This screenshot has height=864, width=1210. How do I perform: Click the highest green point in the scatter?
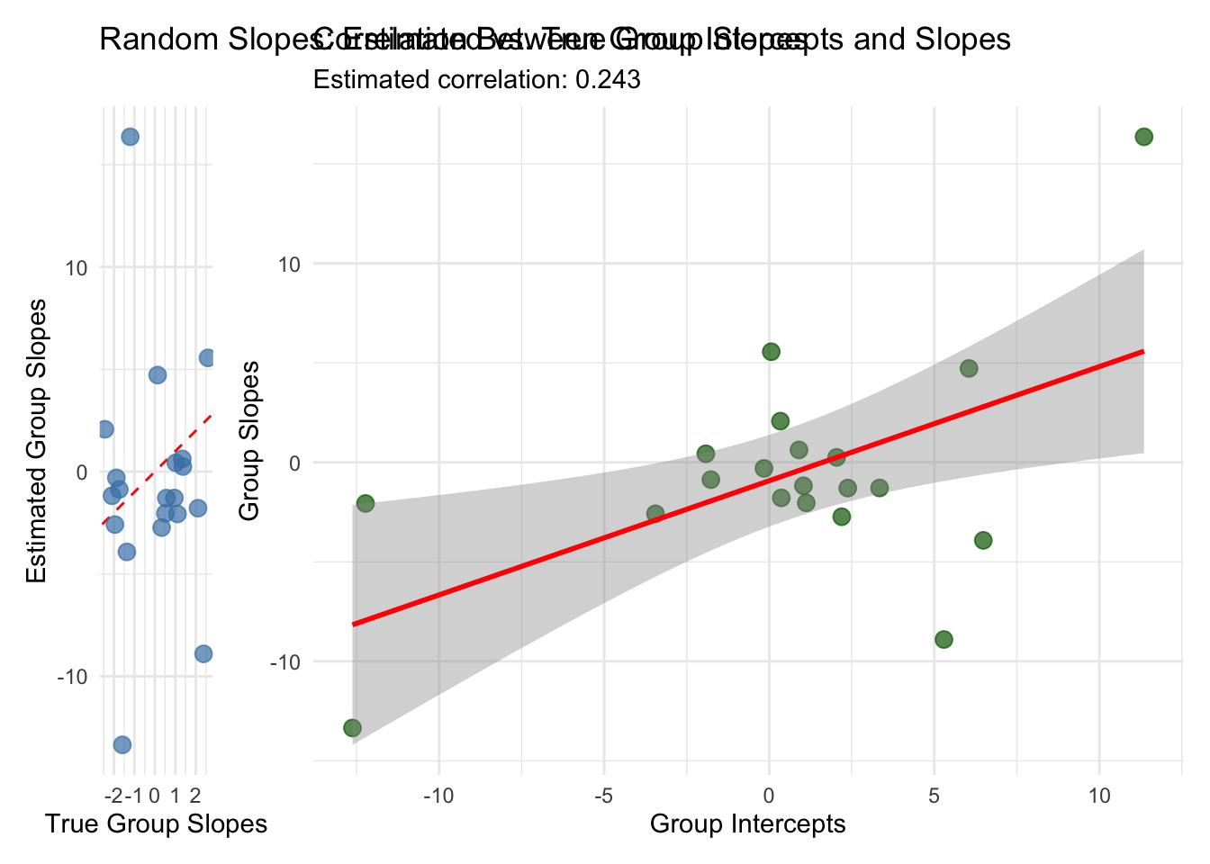pos(1143,137)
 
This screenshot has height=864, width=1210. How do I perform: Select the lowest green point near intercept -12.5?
pos(352,727)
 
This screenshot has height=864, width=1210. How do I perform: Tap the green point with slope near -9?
pos(944,639)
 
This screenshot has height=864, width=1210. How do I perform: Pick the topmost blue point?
pos(130,137)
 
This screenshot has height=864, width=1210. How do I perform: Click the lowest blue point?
pos(122,744)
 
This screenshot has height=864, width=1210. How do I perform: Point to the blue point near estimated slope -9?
pos(203,653)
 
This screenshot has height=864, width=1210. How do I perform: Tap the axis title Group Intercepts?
pos(747,823)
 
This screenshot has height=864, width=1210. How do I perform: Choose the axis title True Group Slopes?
pos(157,823)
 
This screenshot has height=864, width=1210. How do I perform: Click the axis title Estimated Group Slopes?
pos(36,441)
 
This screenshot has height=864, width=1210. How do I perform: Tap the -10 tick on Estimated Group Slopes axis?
pos(74,677)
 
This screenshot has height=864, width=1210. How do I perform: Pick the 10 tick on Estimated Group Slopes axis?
pos(79,267)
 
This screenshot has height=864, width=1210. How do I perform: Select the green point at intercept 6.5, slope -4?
pos(983,540)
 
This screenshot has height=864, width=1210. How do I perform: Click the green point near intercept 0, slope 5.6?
pos(771,351)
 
